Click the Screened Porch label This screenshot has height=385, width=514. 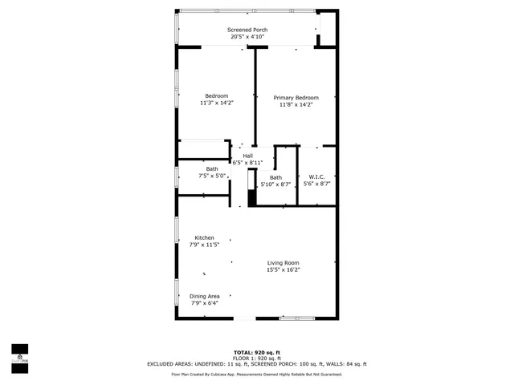[247, 29]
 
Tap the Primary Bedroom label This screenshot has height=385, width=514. [296, 97]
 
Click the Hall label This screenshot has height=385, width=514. [247, 156]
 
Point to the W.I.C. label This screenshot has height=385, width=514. [316, 176]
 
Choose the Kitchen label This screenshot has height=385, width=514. [204, 237]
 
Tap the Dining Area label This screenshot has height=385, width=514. [204, 296]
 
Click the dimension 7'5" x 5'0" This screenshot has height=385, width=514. [211, 176]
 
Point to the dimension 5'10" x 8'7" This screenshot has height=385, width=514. [275, 184]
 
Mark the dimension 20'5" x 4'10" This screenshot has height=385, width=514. [247, 36]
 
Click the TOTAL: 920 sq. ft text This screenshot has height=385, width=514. [256, 352]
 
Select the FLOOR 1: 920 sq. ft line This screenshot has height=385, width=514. [257, 358]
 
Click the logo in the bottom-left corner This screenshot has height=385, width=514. [19, 354]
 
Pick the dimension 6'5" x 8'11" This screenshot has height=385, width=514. [247, 163]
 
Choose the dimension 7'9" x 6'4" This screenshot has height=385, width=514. [204, 303]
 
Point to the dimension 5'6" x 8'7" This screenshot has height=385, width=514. [316, 184]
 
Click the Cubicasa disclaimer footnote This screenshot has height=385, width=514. [257, 375]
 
